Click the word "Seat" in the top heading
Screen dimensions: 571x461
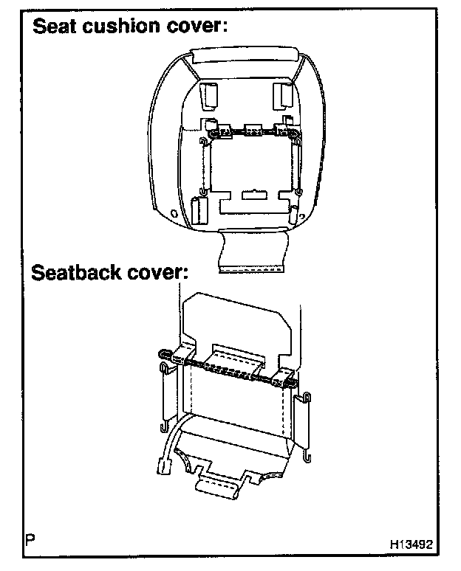[x=57, y=27]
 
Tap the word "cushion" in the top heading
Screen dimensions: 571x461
[x=123, y=27]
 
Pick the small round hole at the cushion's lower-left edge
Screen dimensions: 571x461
[x=174, y=213]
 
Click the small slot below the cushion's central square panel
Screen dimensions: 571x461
[x=253, y=196]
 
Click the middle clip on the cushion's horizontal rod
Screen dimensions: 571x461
[x=253, y=131]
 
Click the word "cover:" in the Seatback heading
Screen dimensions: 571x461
[x=157, y=274]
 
